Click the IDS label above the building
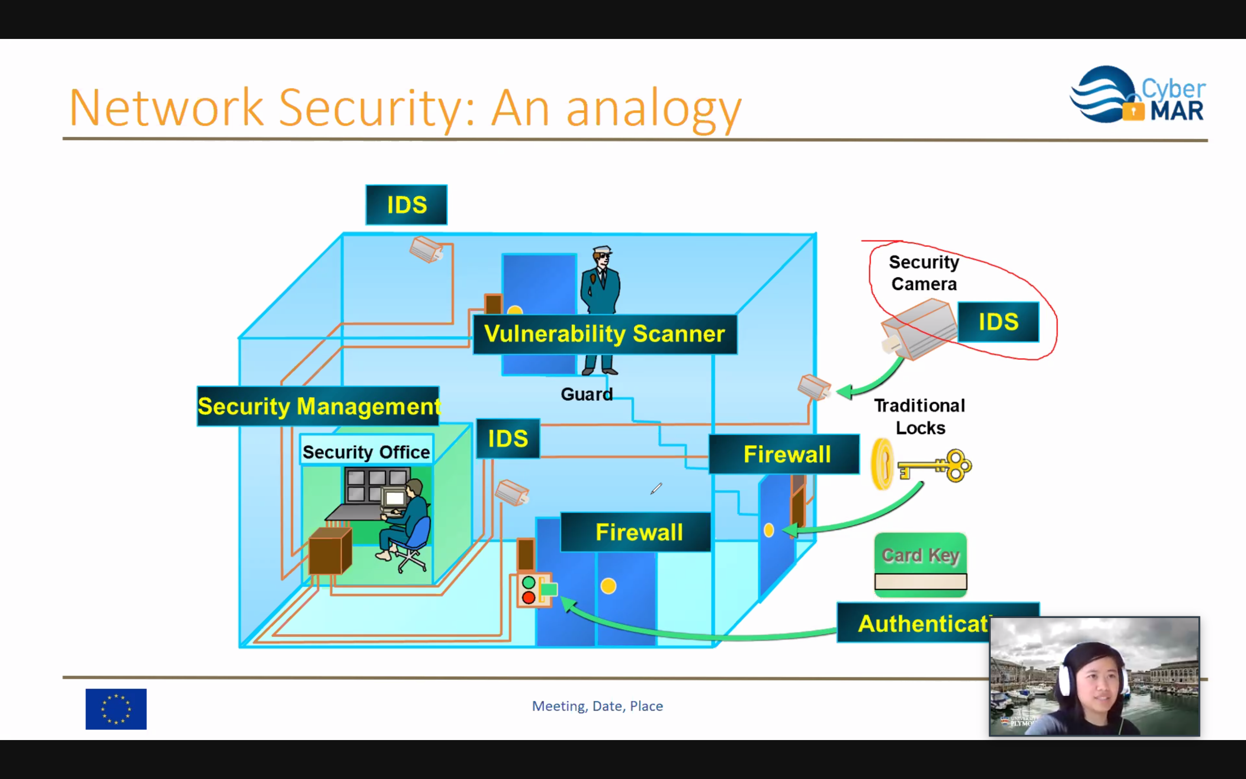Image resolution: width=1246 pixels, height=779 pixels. click(x=406, y=205)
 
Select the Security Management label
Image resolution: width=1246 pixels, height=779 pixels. click(x=318, y=406)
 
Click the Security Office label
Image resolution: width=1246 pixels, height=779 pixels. click(x=366, y=452)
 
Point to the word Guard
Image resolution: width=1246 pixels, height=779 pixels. click(x=587, y=394)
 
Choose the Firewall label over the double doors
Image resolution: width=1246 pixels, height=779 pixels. click(x=639, y=532)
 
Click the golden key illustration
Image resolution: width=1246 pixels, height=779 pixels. click(x=934, y=466)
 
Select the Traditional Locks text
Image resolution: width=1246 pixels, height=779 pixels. click(x=919, y=417)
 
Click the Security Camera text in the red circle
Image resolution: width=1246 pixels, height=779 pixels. click(x=924, y=273)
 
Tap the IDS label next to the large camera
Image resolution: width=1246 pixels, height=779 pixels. click(x=998, y=322)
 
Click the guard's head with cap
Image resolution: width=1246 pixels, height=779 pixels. click(x=601, y=256)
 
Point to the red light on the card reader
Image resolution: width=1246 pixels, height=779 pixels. click(x=528, y=598)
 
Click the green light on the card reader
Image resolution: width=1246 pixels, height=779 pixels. click(x=528, y=583)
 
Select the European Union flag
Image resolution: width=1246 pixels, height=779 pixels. click(x=116, y=709)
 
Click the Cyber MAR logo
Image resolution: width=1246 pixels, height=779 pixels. click(x=1137, y=95)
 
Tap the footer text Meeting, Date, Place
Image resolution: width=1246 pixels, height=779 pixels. click(x=597, y=706)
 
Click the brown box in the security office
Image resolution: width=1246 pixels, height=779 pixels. click(x=330, y=551)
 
